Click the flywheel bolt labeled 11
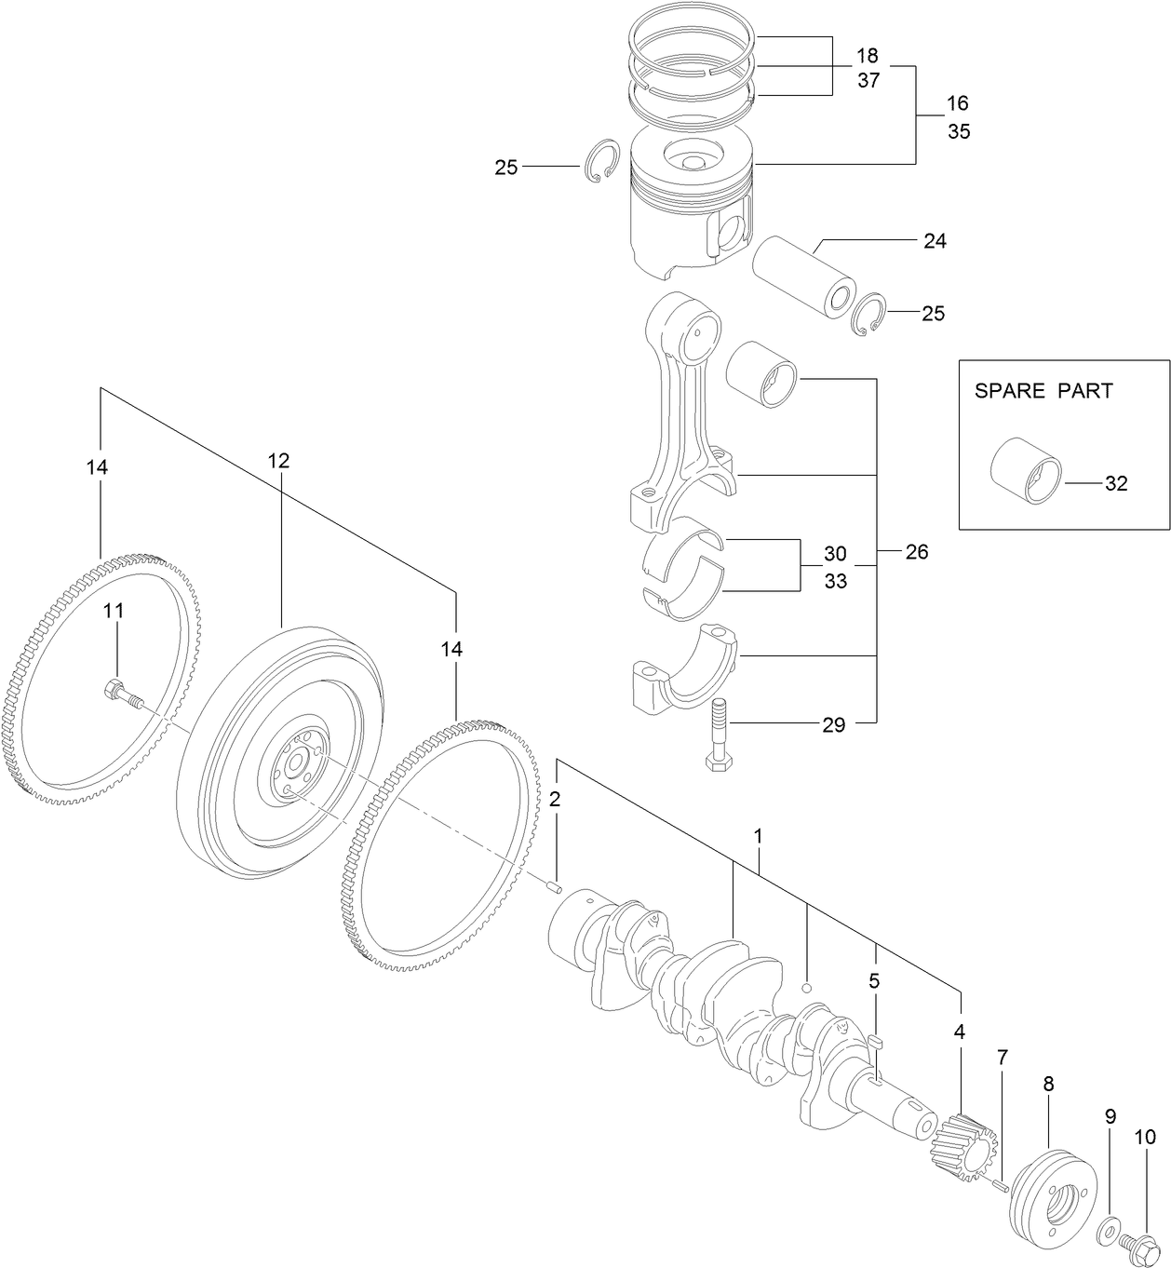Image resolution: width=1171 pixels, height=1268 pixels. point(122,694)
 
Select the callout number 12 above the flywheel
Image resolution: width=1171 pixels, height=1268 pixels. point(279,461)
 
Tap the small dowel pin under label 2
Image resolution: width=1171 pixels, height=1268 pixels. point(556,887)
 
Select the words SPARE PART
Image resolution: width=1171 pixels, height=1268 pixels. point(1043,391)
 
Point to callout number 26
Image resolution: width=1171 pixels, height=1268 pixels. point(917,552)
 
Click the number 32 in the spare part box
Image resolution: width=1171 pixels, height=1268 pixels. point(1116,484)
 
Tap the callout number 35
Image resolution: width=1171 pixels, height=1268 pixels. point(959,131)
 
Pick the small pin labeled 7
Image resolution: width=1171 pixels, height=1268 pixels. point(998,1185)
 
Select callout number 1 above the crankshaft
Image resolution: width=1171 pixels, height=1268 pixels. point(759,837)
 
